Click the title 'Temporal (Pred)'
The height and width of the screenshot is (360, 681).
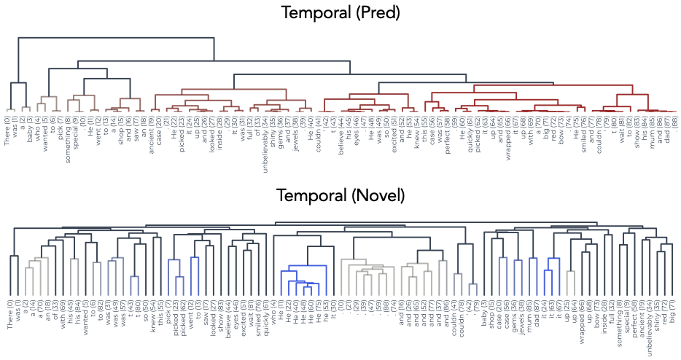click(x=340, y=12)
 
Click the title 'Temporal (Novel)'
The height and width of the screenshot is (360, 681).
click(x=340, y=195)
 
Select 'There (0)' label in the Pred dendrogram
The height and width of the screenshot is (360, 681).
click(x=7, y=128)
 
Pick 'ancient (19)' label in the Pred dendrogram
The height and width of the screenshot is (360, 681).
click(x=151, y=130)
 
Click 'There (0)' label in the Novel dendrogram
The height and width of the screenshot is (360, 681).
click(x=7, y=311)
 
